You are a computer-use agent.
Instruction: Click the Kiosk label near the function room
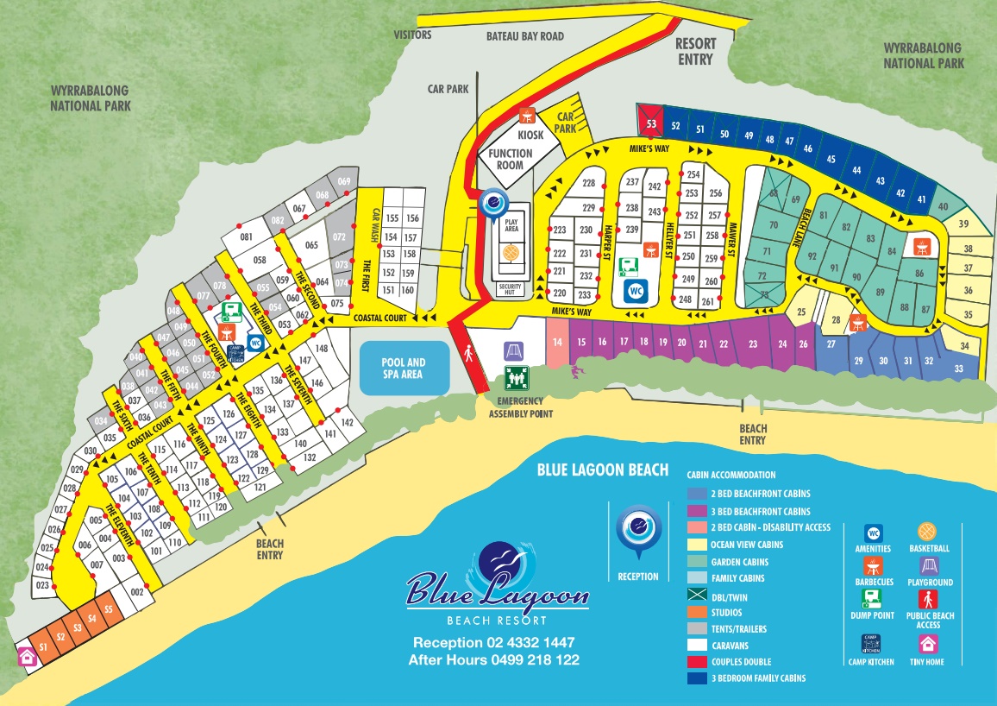coord(531,136)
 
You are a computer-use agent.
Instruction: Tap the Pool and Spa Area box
coord(404,369)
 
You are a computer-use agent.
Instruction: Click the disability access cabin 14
coord(557,343)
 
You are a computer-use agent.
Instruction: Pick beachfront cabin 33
coord(959,369)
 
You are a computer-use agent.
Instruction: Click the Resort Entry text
coord(695,52)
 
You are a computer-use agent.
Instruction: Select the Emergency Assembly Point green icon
coord(516,378)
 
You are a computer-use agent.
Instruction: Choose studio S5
coord(108,609)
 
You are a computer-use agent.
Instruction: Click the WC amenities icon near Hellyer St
coord(636,292)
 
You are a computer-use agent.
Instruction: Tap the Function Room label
coord(511,159)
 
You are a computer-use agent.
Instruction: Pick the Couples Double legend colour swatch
coord(696,662)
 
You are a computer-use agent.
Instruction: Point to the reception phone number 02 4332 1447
coord(493,642)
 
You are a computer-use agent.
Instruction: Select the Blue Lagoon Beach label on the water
coord(602,470)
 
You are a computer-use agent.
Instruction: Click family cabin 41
coord(921,199)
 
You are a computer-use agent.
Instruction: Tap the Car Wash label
coord(376,225)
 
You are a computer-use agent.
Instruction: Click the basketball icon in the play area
coord(511,252)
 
